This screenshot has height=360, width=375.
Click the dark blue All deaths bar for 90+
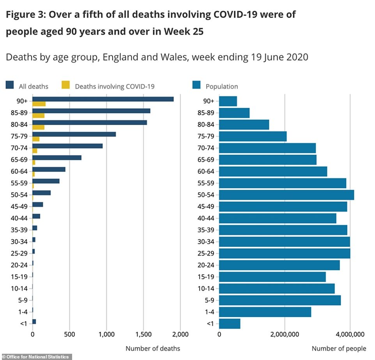pos(103,99)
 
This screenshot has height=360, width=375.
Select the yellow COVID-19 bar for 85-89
pos(38,115)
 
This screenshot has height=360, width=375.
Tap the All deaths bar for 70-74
pos(67,146)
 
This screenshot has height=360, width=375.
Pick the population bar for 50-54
pos(287,195)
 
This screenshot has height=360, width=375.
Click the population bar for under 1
pos(230,323)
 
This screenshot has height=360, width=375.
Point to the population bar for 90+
pos(228,101)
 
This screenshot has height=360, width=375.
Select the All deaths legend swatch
pos(10,86)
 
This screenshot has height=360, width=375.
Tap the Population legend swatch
pos(196,86)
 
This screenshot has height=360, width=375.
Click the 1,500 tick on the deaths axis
pos(143,334)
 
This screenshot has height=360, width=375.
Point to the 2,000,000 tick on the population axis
pos(285,334)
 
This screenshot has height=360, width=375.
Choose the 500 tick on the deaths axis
pos(69,334)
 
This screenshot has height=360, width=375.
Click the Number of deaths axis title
pos(153,348)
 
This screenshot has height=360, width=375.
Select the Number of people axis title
pos(339,348)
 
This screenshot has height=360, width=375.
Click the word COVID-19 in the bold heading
pos(242,15)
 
